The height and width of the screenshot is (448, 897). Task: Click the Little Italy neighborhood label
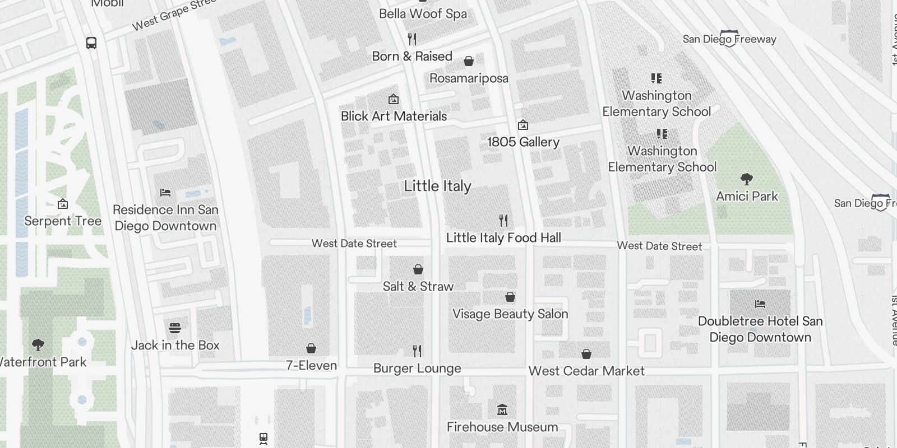point(437,186)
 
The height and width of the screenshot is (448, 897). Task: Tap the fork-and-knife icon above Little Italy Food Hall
point(503,220)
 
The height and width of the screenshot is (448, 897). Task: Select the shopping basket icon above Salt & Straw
point(418,269)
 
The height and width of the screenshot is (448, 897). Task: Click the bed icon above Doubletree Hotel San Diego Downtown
point(760,304)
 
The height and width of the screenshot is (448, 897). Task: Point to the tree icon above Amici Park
point(746,179)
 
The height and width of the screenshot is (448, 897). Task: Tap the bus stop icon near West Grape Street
point(91,43)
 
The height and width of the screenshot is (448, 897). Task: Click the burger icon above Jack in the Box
point(175,328)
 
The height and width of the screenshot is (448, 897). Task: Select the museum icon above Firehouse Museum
point(502,410)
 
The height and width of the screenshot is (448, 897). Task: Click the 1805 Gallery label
point(523,142)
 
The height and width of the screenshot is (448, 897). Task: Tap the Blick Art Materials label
point(394,116)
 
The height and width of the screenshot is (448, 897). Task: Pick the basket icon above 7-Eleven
point(311,349)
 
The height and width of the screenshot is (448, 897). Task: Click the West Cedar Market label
point(586,371)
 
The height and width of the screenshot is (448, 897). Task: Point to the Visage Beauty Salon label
point(510,314)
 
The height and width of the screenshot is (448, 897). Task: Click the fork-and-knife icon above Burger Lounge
point(417,351)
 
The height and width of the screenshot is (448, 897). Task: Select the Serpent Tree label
point(63,221)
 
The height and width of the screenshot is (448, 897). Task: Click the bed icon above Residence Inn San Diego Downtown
point(165,193)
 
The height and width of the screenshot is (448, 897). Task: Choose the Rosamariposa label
point(469,78)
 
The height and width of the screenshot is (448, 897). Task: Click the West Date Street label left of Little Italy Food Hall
point(354,243)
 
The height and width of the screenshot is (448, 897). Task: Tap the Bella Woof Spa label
point(423,13)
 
